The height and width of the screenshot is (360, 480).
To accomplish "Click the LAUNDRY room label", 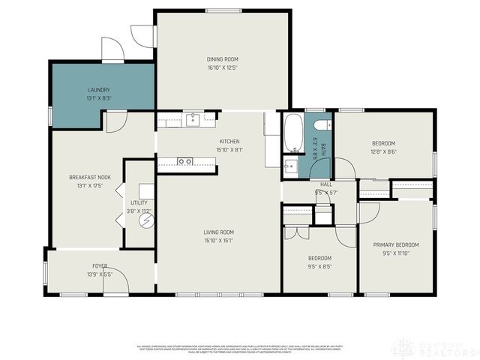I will (x=99, y=89).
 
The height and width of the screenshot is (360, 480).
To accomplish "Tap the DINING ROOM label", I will (x=222, y=58).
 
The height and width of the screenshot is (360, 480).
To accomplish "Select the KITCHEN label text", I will (x=229, y=142).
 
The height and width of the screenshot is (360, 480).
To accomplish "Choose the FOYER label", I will (x=100, y=266).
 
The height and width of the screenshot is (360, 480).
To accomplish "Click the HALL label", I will (x=326, y=184).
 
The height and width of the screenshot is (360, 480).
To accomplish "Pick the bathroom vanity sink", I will (x=291, y=166).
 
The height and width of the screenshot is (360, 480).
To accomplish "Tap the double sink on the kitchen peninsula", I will (x=184, y=160).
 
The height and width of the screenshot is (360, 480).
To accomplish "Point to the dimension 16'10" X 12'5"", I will (x=222, y=67).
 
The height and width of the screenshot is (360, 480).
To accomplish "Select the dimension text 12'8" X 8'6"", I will (x=383, y=152).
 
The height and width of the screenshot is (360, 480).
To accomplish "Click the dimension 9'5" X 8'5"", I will (x=319, y=266).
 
